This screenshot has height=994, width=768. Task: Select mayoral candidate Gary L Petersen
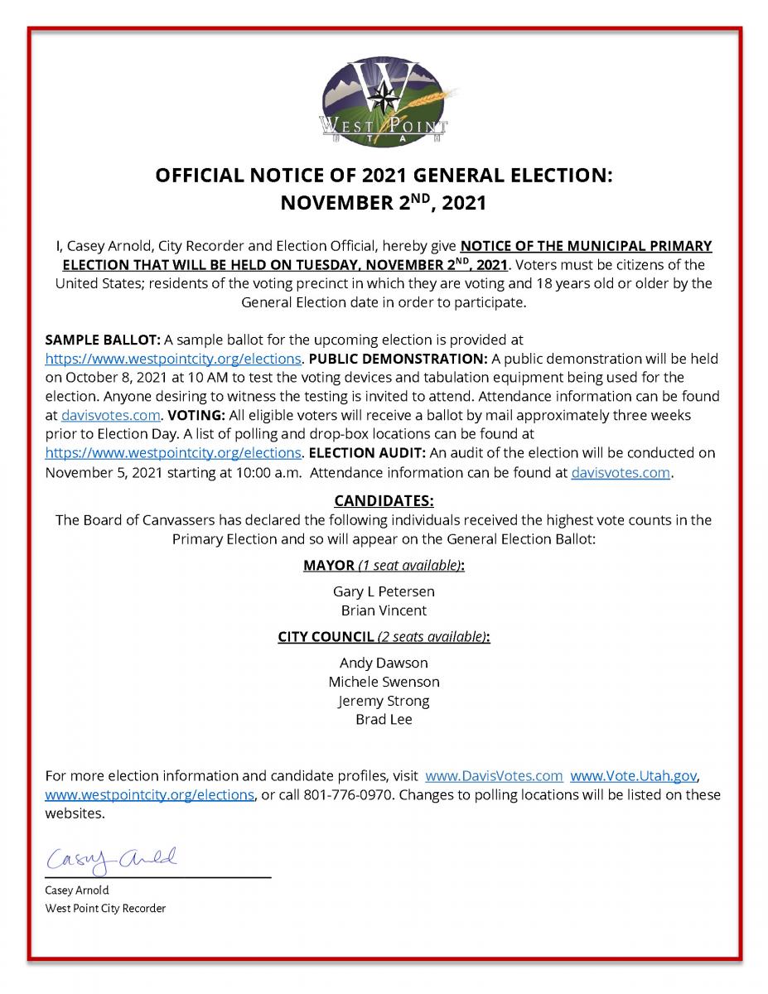click(384, 591)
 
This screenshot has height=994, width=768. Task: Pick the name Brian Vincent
click(384, 610)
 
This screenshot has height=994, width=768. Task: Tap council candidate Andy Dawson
click(384, 663)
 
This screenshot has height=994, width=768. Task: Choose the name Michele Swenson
click(384, 682)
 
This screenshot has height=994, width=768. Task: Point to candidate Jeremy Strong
click(384, 701)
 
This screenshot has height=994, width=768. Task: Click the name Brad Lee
click(384, 720)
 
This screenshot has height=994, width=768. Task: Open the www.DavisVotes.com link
click(494, 776)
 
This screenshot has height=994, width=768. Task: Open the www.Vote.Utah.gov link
click(635, 776)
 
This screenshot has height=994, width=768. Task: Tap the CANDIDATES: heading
click(384, 501)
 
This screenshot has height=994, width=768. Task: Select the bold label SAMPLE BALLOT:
click(103, 340)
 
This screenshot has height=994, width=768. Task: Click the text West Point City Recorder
click(105, 908)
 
